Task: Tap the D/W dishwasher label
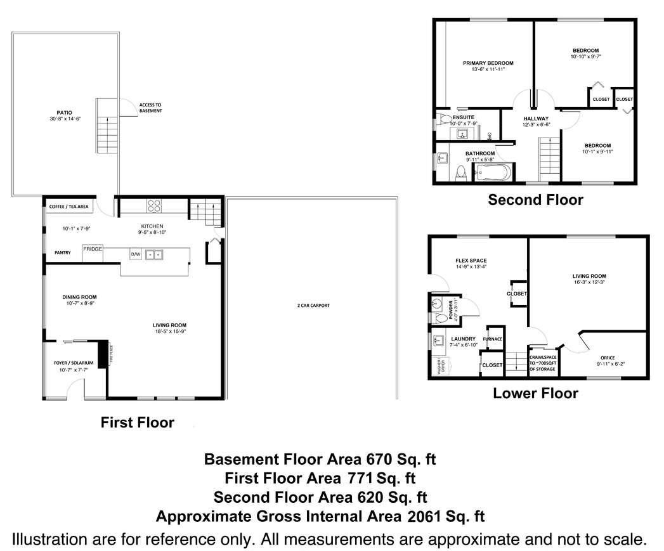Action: click(135, 254)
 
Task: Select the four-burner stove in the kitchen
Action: click(154, 205)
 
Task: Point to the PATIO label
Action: click(65, 113)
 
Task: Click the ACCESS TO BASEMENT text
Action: click(150, 107)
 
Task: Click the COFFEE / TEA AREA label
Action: click(68, 207)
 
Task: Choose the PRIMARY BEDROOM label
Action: click(488, 63)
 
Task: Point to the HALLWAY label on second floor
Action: click(536, 119)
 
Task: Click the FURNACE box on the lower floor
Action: click(493, 339)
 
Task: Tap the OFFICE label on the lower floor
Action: click(607, 358)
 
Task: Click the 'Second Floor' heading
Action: click(535, 200)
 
